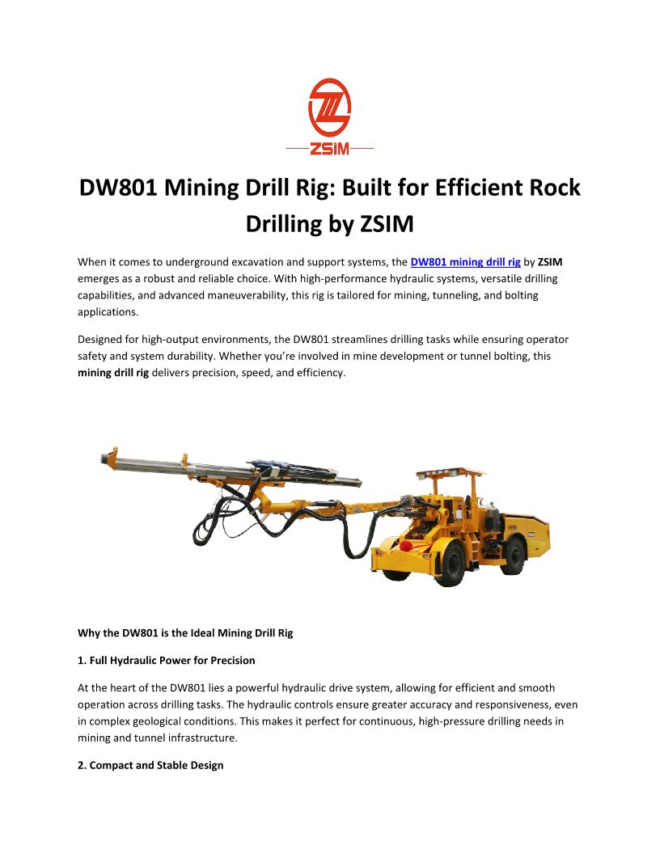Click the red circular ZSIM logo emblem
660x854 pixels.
(329, 108)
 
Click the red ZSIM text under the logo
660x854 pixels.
(329, 150)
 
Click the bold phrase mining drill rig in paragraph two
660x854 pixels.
(113, 374)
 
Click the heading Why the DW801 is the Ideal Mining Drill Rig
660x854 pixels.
(185, 633)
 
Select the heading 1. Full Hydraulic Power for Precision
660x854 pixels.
(166, 661)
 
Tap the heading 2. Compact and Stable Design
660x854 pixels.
(150, 765)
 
